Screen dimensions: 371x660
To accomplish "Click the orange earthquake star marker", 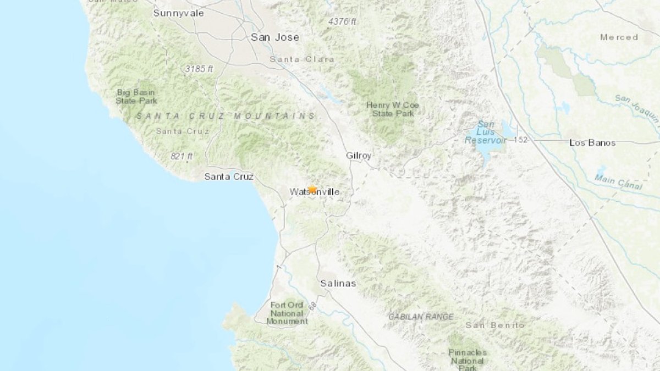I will [x=312, y=190].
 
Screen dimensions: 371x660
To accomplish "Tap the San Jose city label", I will [x=275, y=37].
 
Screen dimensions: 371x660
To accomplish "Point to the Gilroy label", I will [x=359, y=156].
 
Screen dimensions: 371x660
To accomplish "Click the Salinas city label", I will [x=338, y=284].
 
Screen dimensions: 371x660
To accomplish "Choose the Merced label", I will [x=619, y=37].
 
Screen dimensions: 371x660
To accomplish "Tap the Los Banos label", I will [x=592, y=142].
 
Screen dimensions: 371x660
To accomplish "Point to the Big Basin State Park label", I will [x=136, y=97].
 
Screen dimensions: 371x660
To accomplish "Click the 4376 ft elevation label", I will [x=342, y=21].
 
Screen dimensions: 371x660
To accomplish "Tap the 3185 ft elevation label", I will [x=199, y=69].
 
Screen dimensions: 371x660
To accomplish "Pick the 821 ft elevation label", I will [x=182, y=157].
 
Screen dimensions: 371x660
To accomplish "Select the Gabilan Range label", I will [x=421, y=317].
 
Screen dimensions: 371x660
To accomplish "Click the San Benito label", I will [x=495, y=325].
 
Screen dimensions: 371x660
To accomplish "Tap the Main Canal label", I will [x=618, y=182].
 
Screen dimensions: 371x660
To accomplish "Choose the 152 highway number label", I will [x=520, y=140].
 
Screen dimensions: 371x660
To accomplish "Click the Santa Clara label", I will [x=293, y=59].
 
